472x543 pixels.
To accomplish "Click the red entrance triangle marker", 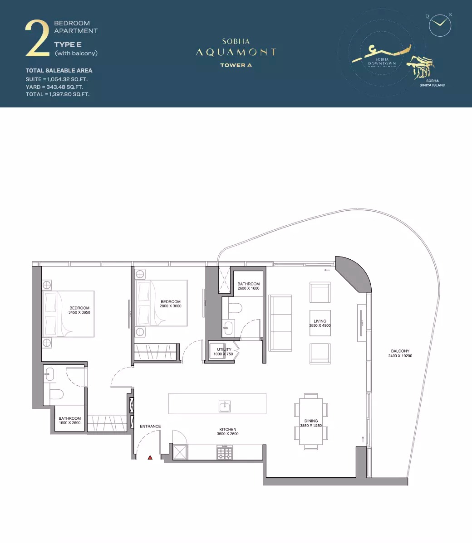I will [x=150, y=458].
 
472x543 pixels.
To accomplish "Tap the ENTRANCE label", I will [x=150, y=427].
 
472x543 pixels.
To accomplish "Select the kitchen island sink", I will [x=225, y=406].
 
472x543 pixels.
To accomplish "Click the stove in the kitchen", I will [x=224, y=452].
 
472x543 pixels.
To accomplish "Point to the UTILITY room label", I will [x=224, y=350].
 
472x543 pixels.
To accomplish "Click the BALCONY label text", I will [x=400, y=351].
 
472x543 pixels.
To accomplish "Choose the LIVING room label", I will [x=320, y=321].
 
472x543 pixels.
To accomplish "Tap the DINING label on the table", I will [x=311, y=421].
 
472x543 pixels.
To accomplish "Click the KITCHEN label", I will [x=228, y=430].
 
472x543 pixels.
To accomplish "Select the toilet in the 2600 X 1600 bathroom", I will [x=235, y=308].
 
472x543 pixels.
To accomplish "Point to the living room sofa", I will [x=280, y=322].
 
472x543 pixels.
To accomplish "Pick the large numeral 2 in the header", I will [x=38, y=39].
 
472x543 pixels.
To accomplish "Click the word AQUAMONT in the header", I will [x=236, y=53].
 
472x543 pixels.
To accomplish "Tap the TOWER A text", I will [x=236, y=65].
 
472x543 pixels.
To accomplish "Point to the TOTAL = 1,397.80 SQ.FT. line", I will [x=58, y=95].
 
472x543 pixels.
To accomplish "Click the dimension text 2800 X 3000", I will [x=171, y=306].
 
